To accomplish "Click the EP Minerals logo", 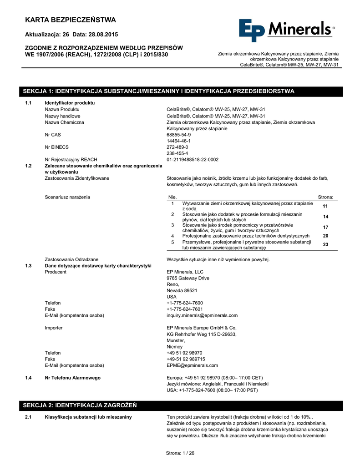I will tap(286, 31).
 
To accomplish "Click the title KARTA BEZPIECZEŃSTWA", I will tap(71, 20).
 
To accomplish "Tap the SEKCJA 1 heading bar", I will tap(182, 91).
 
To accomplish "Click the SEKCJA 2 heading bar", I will tap(182, 405).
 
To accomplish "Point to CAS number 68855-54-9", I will tap(179, 135).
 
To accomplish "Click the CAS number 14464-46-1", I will tap(179, 141).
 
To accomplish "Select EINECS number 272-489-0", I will tap(177, 147).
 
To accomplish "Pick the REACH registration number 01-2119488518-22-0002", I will tap(193, 160).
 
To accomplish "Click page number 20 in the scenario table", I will tap(325, 236).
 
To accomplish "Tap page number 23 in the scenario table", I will tap(325, 245).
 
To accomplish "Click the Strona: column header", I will tap(325, 197).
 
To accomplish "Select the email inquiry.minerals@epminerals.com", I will tap(202, 315).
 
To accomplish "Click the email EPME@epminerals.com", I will tap(186, 365).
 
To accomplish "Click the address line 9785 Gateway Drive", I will tap(188, 278).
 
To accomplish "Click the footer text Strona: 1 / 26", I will tap(180, 453).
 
